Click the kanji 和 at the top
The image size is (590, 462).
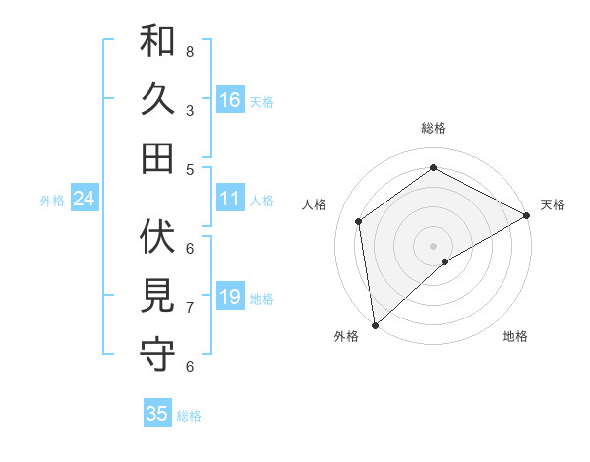pyautogui.click(x=157, y=41)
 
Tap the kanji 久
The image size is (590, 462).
pyautogui.click(x=157, y=99)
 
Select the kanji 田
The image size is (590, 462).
pyautogui.click(x=157, y=157)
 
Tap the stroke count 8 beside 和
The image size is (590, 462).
pyautogui.click(x=190, y=51)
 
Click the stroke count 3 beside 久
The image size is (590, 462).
pyautogui.click(x=190, y=110)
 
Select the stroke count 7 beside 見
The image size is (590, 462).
pyautogui.click(x=190, y=308)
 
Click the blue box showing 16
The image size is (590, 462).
pyautogui.click(x=230, y=99)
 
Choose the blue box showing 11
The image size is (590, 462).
pyautogui.click(x=230, y=199)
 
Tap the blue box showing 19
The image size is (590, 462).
pyautogui.click(x=230, y=297)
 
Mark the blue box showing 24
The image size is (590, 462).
pyautogui.click(x=84, y=199)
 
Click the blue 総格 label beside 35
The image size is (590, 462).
pyautogui.click(x=189, y=416)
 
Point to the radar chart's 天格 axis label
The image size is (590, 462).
pyautogui.click(x=553, y=204)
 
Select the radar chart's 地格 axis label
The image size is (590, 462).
pyautogui.click(x=515, y=337)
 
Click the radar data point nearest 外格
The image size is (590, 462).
pyautogui.click(x=375, y=325)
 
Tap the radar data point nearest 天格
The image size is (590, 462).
pyautogui.click(x=527, y=215)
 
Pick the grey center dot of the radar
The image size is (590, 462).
pyautogui.click(x=433, y=245)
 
